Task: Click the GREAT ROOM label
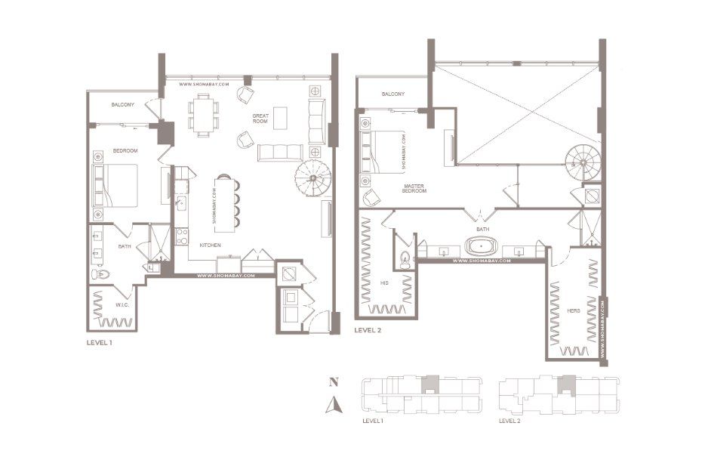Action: tap(261, 118)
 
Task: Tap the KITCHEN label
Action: tap(210, 245)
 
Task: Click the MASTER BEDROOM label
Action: tap(414, 189)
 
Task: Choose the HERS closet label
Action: tap(573, 310)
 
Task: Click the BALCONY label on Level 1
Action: tap(122, 104)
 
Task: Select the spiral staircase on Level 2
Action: tap(583, 160)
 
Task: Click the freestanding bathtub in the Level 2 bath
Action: tap(479, 246)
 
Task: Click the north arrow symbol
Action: tap(332, 408)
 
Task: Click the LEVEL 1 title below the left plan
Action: tap(100, 343)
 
